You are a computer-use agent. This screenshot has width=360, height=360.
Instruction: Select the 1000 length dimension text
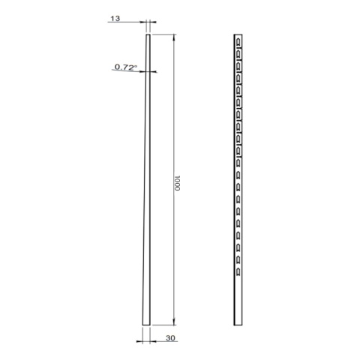pyautogui.click(x=176, y=183)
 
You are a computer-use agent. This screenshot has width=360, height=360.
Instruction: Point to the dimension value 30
pyautogui.click(x=170, y=337)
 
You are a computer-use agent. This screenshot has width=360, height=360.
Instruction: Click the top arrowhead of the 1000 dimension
pyautogui.click(x=174, y=37)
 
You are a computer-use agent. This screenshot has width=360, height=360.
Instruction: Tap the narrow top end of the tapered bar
pyautogui.click(x=148, y=35)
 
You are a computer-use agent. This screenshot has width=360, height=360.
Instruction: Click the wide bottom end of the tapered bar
pyautogui.click(x=146, y=324)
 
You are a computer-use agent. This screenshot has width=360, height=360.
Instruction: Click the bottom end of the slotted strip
pyautogui.click(x=238, y=324)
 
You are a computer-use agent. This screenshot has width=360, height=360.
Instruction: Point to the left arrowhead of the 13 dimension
pyautogui.click(x=144, y=22)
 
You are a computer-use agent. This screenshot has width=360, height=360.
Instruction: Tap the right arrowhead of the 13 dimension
pyautogui.click(x=152, y=22)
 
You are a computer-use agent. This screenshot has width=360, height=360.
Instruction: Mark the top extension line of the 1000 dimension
pyautogui.click(x=163, y=34)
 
